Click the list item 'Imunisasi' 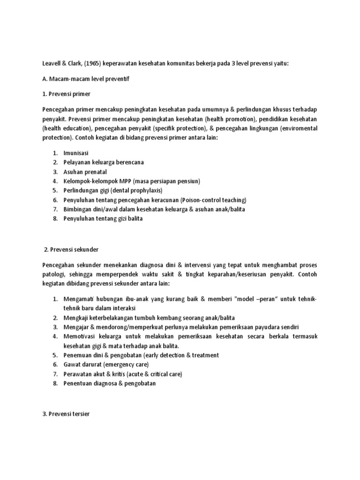(x=75, y=153)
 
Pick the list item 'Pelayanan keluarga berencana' (x=104, y=162)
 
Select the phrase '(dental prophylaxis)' (x=136, y=190)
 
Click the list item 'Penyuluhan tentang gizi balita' (x=103, y=218)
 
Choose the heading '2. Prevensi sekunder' (x=72, y=250)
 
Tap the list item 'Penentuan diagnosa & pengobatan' (x=109, y=383)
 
